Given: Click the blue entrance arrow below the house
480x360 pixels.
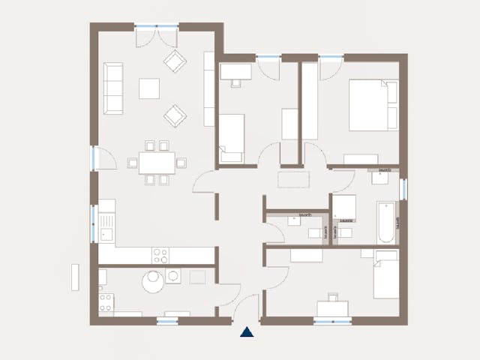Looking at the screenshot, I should (x=247, y=331).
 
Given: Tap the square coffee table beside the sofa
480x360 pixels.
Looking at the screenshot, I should (x=149, y=88).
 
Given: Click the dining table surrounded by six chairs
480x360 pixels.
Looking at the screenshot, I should (x=156, y=162).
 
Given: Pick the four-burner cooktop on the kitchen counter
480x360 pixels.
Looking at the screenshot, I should (x=161, y=255).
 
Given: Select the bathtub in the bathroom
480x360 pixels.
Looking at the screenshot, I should (x=385, y=222).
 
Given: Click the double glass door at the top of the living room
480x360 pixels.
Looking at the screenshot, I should (x=157, y=28).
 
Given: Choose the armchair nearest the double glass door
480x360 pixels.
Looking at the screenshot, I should (x=175, y=61).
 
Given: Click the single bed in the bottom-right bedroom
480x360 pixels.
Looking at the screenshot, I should (x=386, y=275).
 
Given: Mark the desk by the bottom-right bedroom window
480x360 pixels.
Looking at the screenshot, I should (x=332, y=307).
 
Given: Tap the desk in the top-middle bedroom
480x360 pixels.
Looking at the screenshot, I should (x=236, y=71).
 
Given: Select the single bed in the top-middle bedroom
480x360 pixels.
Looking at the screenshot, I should (x=232, y=137).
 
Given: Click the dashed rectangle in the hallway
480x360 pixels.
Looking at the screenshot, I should (x=293, y=178).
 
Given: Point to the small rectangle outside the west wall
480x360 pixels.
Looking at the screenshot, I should (x=75, y=277).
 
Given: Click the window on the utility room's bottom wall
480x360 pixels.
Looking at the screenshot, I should (x=167, y=321).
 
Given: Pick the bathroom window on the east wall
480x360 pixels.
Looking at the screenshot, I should (x=403, y=189).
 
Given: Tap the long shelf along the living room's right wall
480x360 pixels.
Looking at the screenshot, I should (x=209, y=88).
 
